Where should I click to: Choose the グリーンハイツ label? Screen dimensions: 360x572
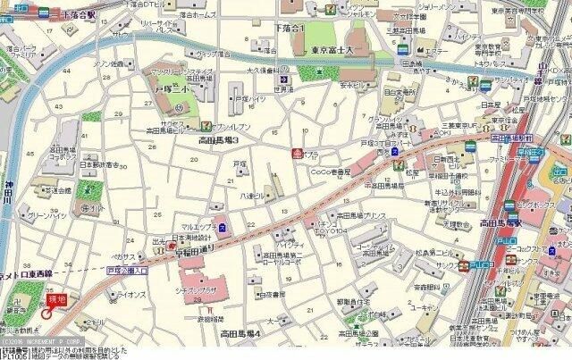click(45, 215)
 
